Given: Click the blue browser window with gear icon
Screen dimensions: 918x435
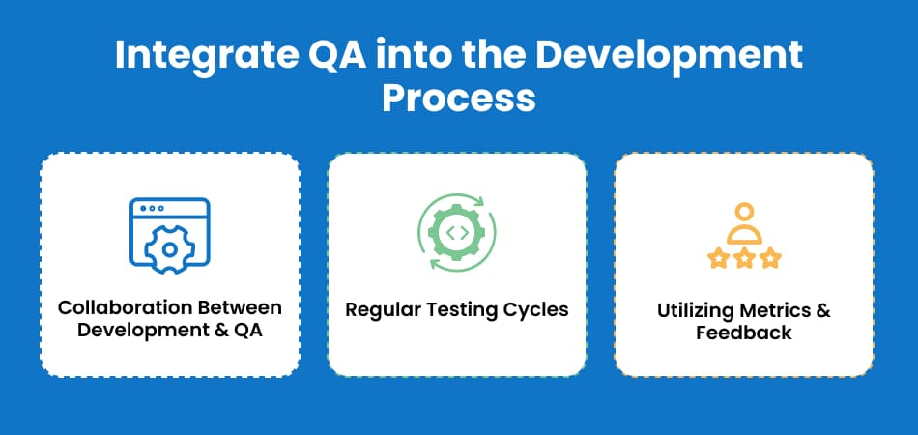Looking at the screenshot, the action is click(170, 235).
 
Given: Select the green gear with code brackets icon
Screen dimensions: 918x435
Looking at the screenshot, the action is click(457, 232).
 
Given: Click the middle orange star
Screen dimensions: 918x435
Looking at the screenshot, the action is click(744, 257).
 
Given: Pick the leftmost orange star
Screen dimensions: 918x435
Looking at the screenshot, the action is click(718, 257).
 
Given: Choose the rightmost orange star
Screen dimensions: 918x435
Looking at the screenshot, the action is click(770, 257).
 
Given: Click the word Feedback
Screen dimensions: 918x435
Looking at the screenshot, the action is click(743, 333).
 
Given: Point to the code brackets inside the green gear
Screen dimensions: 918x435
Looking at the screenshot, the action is click(457, 232).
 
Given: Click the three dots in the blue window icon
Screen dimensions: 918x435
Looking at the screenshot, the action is click(153, 208).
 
